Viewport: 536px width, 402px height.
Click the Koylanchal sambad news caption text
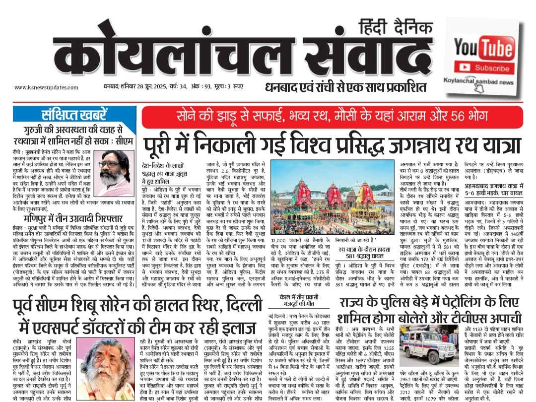click(x=483, y=82)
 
